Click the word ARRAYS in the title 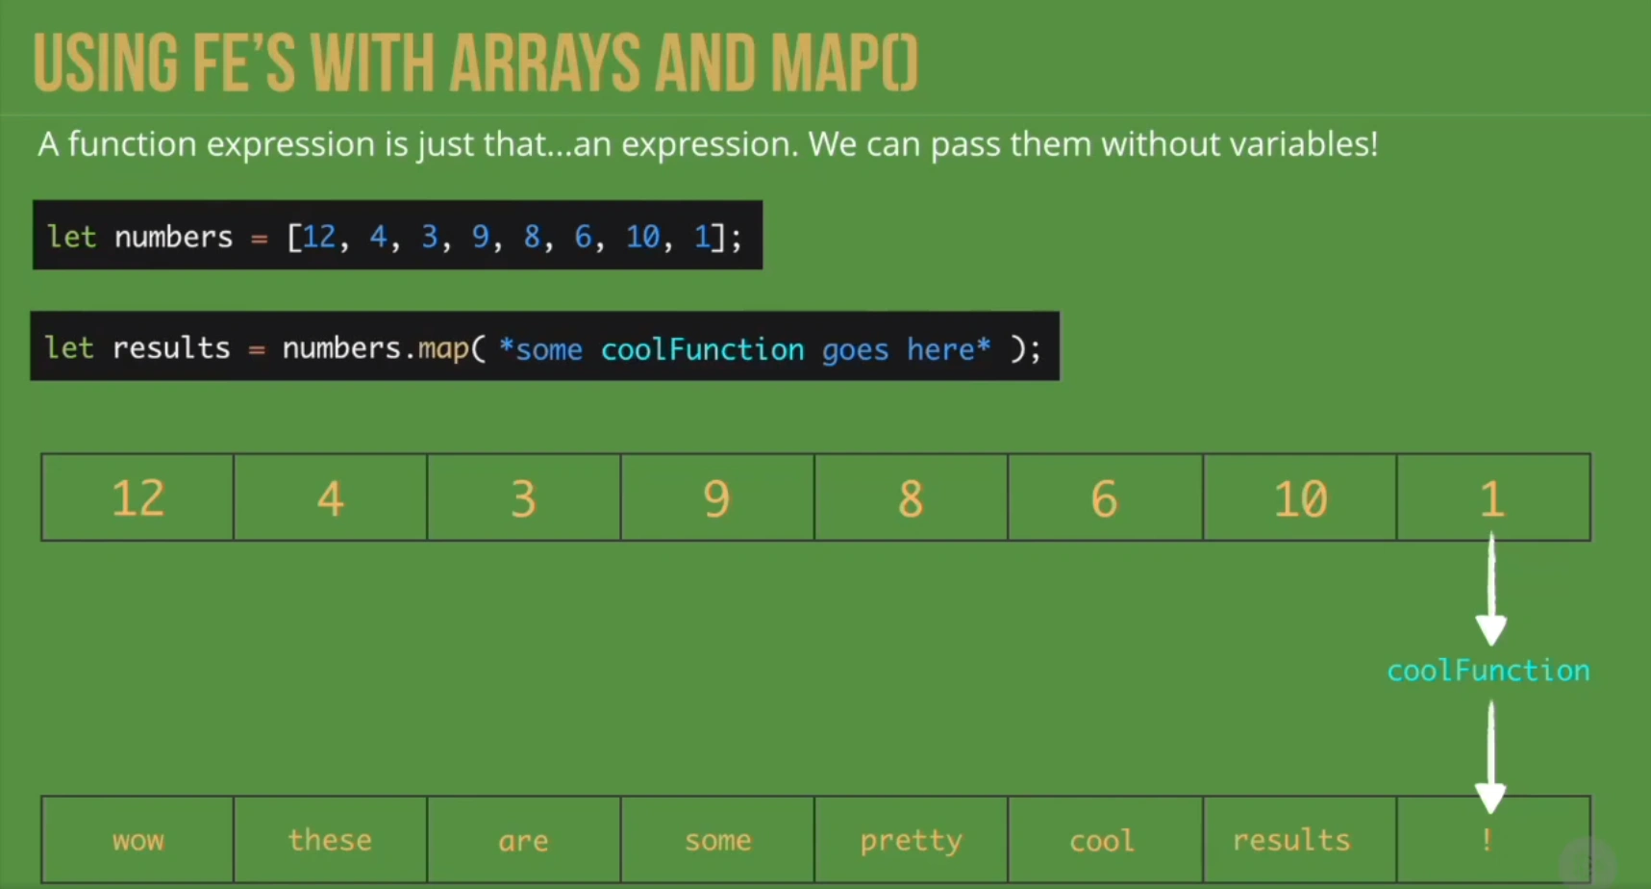click(x=544, y=63)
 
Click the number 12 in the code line click(x=319, y=237)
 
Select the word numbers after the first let click(x=174, y=237)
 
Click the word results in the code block click(x=171, y=347)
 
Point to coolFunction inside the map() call click(x=702, y=349)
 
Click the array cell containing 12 click(x=138, y=497)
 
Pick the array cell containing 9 click(x=717, y=497)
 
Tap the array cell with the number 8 click(x=911, y=497)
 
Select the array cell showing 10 click(x=1300, y=497)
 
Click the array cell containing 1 click(x=1493, y=497)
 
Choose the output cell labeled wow click(x=138, y=840)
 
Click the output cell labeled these click(x=331, y=840)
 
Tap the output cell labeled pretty click(x=911, y=840)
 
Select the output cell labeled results click(x=1300, y=840)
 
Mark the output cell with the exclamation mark click(x=1493, y=840)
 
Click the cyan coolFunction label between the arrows click(x=1488, y=671)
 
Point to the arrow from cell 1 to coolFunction click(x=1491, y=589)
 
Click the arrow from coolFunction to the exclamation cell click(x=1491, y=758)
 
